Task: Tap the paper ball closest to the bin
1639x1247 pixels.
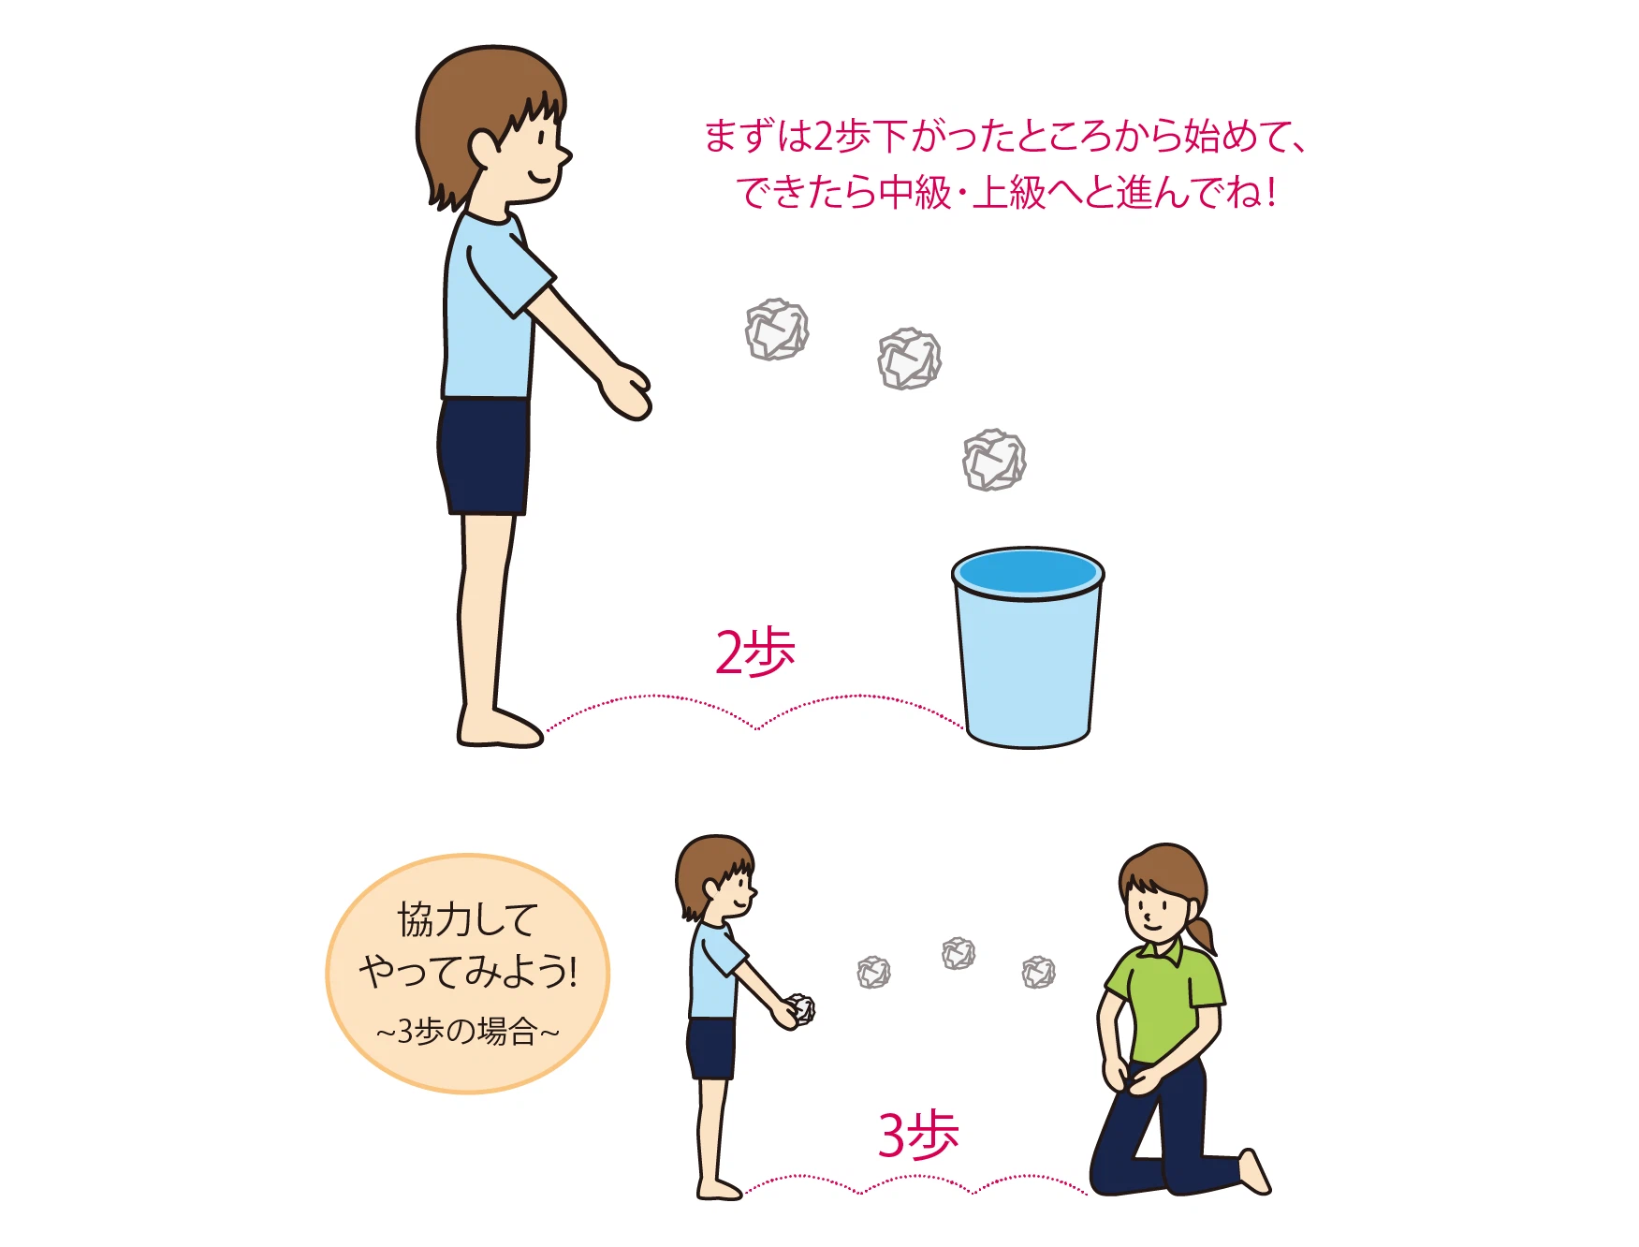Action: click(x=994, y=460)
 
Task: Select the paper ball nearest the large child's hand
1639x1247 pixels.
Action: click(x=777, y=330)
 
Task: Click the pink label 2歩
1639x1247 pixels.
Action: click(x=754, y=653)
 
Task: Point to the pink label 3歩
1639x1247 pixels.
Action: click(x=917, y=1135)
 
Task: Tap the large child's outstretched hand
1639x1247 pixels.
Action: click(x=625, y=390)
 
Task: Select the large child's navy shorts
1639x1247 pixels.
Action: click(x=484, y=456)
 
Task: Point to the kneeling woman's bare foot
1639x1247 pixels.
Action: click(x=1254, y=1170)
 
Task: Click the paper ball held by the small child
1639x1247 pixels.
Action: click(x=800, y=1009)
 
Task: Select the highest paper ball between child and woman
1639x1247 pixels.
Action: click(x=959, y=953)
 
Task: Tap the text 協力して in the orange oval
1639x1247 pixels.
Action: click(x=468, y=919)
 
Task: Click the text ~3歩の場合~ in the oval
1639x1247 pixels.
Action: click(x=468, y=1032)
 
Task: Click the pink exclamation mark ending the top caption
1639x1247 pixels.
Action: click(x=1270, y=193)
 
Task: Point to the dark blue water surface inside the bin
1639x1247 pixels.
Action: click(x=1028, y=571)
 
